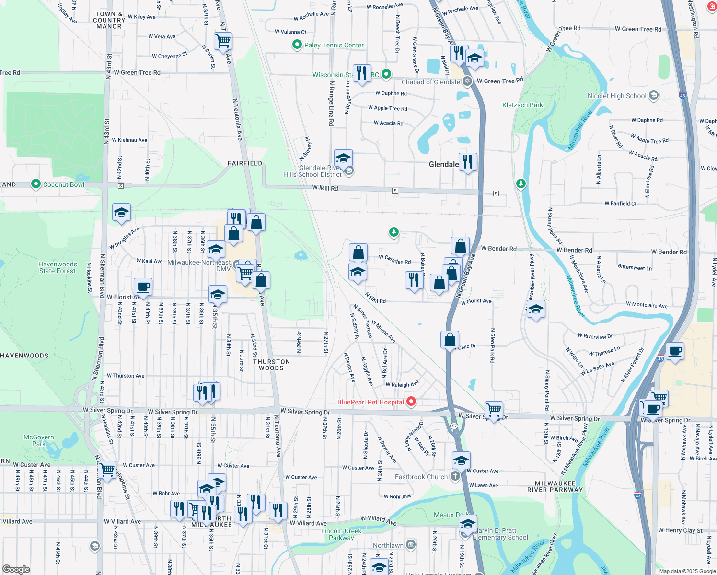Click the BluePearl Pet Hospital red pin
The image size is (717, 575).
pyautogui.click(x=411, y=401)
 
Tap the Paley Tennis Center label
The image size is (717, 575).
pyautogui.click(x=334, y=45)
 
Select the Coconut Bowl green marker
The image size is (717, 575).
pyautogui.click(x=35, y=184)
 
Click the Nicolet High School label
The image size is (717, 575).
pyautogui.click(x=617, y=96)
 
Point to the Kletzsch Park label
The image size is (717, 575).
pyautogui.click(x=522, y=105)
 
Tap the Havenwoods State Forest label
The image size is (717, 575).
pyautogui.click(x=58, y=267)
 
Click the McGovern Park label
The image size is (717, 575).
pyautogui.click(x=38, y=440)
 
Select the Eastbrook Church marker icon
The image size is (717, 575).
pyautogui.click(x=455, y=476)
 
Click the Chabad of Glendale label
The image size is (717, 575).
pyautogui.click(x=430, y=82)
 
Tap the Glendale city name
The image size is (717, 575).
pyautogui.click(x=443, y=164)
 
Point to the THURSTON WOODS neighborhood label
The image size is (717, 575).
pyautogui.click(x=271, y=365)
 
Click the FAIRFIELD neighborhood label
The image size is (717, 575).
pyautogui.click(x=245, y=163)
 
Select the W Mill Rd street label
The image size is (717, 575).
pyautogui.click(x=325, y=188)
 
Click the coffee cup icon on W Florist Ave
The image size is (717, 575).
pyautogui.click(x=143, y=287)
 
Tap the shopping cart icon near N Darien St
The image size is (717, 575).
pyautogui.click(x=223, y=41)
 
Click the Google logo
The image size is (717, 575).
pyautogui.click(x=16, y=569)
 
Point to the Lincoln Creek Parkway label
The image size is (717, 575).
pyautogui.click(x=341, y=534)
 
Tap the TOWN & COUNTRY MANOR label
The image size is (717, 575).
pyautogui.click(x=109, y=20)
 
